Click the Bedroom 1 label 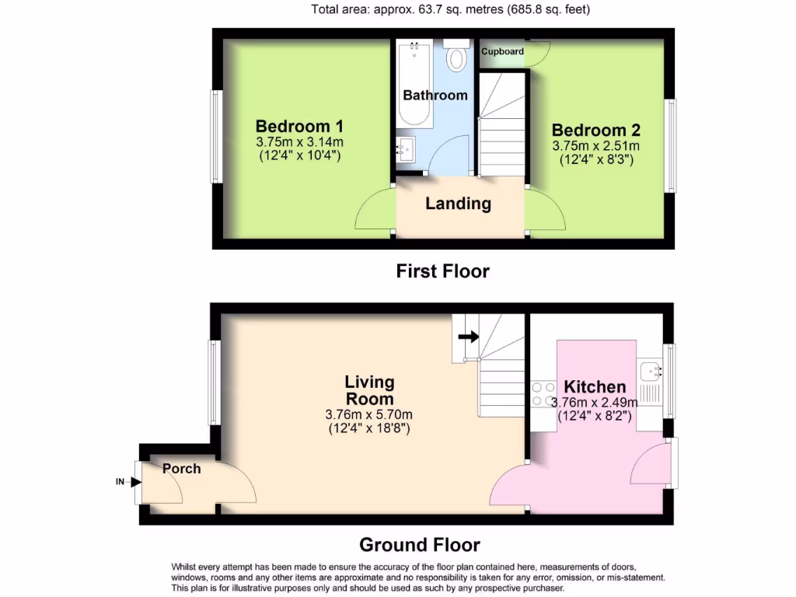[x=300, y=126]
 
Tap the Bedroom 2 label [x=596, y=130]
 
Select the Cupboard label [x=502, y=51]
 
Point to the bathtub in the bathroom [x=414, y=86]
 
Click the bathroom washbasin [x=405, y=148]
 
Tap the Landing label [x=458, y=204]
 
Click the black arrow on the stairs [x=468, y=337]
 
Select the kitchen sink [x=650, y=372]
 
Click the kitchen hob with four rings [x=543, y=394]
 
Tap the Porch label [x=182, y=469]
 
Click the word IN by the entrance [x=120, y=482]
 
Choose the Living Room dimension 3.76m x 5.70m [x=369, y=414]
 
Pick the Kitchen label [x=595, y=386]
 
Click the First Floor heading [x=442, y=271]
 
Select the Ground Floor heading [x=419, y=545]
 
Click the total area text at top [x=450, y=10]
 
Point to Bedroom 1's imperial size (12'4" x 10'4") [x=300, y=155]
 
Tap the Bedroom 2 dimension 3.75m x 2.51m [x=596, y=145]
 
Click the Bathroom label [x=435, y=95]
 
